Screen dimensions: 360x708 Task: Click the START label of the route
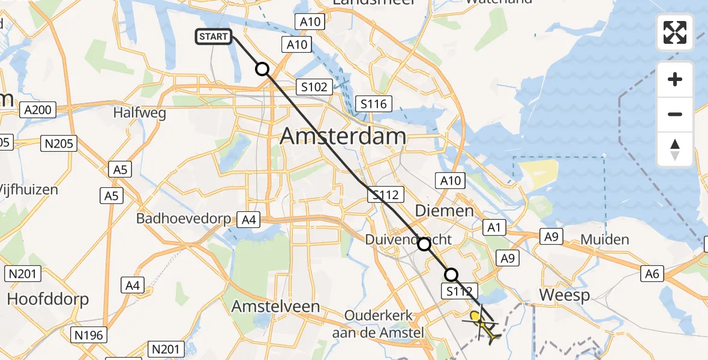213,37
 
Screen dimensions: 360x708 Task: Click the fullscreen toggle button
675,32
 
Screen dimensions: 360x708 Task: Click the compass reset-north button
675,149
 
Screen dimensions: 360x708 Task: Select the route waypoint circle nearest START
262,69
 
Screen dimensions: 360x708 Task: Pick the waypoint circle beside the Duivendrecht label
424,244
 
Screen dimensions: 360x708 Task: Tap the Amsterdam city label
343,137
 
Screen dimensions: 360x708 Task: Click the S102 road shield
314,87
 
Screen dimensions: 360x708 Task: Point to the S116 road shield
374,104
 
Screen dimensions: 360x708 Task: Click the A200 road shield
38,110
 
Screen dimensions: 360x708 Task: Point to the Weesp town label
565,295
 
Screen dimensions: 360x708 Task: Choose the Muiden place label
605,240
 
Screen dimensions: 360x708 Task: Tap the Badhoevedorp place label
184,218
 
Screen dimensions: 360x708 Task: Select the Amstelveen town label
276,306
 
